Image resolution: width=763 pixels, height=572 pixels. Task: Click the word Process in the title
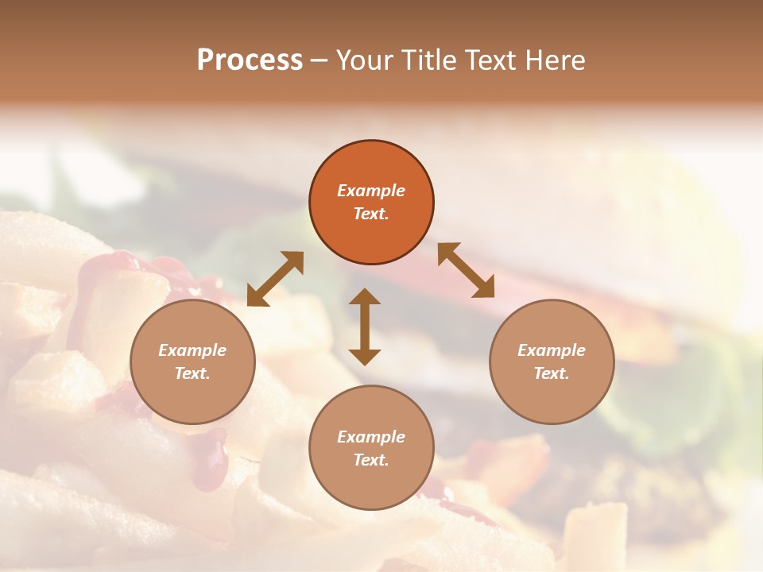click(x=250, y=60)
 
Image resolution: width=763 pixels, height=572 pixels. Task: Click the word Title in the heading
click(x=427, y=60)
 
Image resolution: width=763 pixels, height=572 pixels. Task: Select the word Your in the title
click(x=366, y=60)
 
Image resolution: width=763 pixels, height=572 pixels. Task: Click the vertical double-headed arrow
click(x=365, y=327)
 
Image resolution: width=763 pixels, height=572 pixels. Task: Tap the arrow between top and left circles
click(x=275, y=279)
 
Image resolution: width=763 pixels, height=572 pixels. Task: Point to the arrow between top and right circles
click(x=466, y=270)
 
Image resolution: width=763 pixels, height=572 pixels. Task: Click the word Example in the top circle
click(x=371, y=191)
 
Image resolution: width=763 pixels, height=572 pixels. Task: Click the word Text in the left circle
click(x=192, y=373)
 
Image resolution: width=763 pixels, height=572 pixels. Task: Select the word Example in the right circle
click(x=552, y=350)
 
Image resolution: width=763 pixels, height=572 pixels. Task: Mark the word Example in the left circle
click(x=192, y=350)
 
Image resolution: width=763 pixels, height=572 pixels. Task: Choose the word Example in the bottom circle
click(x=371, y=437)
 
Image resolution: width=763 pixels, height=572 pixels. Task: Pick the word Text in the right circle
click(x=551, y=373)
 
